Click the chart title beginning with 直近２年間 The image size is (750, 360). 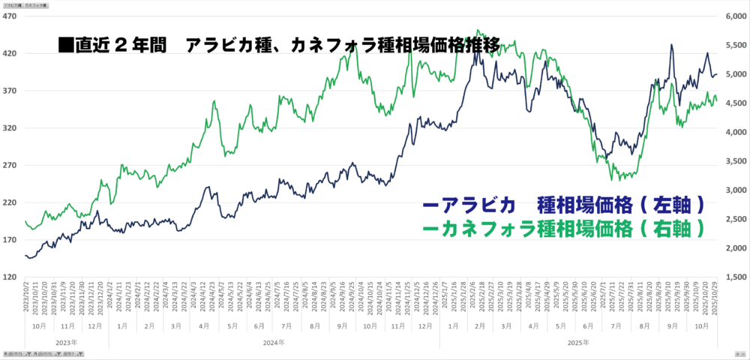(277, 45)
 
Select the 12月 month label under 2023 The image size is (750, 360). (94, 327)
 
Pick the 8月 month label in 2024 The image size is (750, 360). (314, 327)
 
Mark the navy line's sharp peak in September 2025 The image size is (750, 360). (671, 45)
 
